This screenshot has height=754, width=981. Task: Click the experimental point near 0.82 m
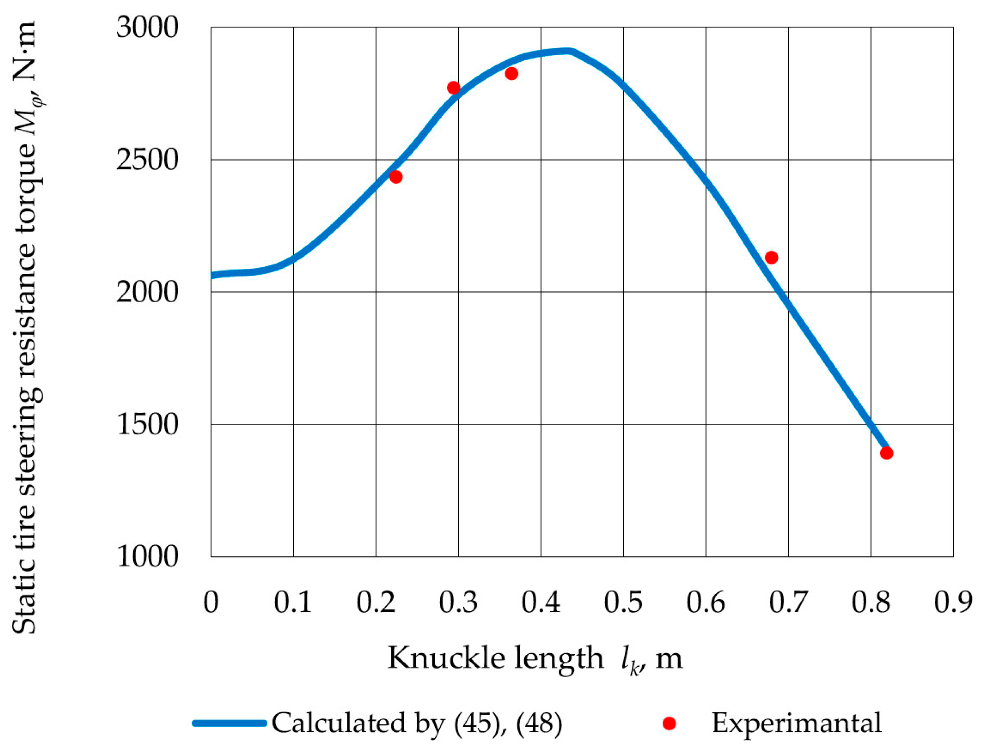886,453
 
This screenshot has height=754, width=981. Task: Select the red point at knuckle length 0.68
771,258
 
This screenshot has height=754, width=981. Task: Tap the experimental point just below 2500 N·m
396,177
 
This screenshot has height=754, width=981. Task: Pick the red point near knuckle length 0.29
454,88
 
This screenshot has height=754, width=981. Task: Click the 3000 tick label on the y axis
147,28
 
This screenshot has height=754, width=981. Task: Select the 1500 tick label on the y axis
147,425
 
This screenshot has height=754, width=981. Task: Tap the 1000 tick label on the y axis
147,557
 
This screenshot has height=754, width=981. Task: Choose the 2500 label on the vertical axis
147,160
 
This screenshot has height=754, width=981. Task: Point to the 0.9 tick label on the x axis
953,602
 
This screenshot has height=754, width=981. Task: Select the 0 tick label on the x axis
211,602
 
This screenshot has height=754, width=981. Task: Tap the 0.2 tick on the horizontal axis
376,602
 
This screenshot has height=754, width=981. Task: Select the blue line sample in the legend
230,723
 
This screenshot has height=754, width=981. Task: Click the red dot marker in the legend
669,723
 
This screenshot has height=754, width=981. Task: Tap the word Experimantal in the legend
796,723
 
